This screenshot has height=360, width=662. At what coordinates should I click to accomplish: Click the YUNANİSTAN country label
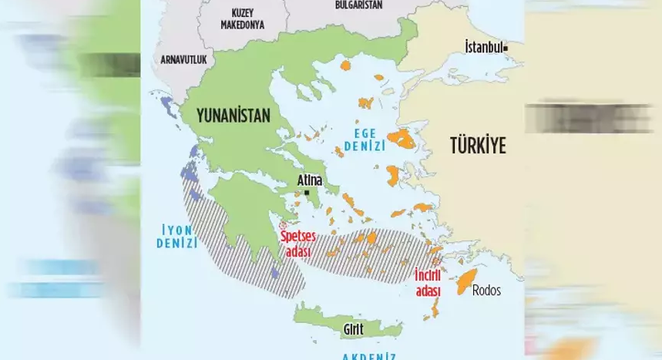[233, 116]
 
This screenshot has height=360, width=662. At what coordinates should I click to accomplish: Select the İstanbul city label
[483, 47]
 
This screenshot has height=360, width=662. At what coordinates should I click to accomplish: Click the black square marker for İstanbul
[506, 48]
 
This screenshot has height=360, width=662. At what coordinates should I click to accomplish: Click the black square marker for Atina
[307, 192]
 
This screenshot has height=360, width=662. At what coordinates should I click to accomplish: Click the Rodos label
[486, 291]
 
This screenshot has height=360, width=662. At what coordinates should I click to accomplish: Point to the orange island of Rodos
[465, 283]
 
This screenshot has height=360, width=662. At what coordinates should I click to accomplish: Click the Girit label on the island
[351, 330]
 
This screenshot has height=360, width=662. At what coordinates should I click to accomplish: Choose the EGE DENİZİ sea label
[365, 139]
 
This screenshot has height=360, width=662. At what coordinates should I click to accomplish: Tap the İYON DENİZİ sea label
[176, 236]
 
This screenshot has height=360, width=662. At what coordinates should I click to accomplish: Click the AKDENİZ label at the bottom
[369, 355]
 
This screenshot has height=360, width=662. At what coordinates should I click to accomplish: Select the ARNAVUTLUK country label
[183, 59]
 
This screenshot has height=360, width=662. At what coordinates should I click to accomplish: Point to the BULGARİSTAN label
[360, 5]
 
